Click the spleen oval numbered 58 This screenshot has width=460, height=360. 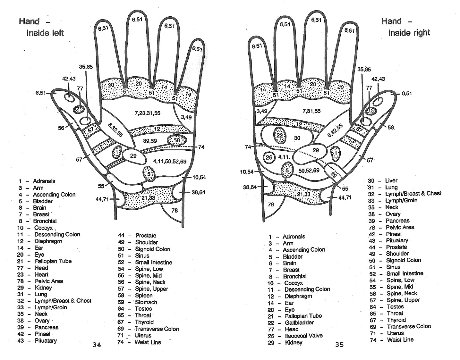177,140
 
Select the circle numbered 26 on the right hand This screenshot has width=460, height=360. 269,157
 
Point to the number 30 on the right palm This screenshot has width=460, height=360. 297,138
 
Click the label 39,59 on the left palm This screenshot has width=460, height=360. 150,141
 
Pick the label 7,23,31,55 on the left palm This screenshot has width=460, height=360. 147,113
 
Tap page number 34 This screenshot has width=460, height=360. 97,345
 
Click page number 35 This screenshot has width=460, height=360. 339,345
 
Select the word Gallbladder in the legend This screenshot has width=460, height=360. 299,322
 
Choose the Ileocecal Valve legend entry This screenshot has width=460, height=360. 303,336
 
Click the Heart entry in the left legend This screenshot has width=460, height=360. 42,274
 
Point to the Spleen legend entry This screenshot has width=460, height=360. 144,296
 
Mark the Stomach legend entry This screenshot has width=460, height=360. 146,302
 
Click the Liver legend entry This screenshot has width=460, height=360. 391,180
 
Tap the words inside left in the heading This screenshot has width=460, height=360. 45,33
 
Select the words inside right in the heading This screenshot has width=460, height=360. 409,33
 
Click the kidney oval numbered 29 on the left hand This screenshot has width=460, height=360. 133,156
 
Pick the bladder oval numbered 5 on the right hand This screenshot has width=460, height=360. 287,170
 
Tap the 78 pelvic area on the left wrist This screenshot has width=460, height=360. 175,211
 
